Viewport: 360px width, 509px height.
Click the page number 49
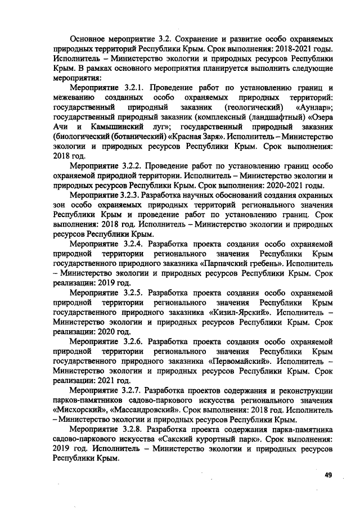coord(328,475)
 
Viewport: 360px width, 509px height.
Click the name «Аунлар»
coord(313,107)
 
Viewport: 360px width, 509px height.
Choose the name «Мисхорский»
coord(77,409)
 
